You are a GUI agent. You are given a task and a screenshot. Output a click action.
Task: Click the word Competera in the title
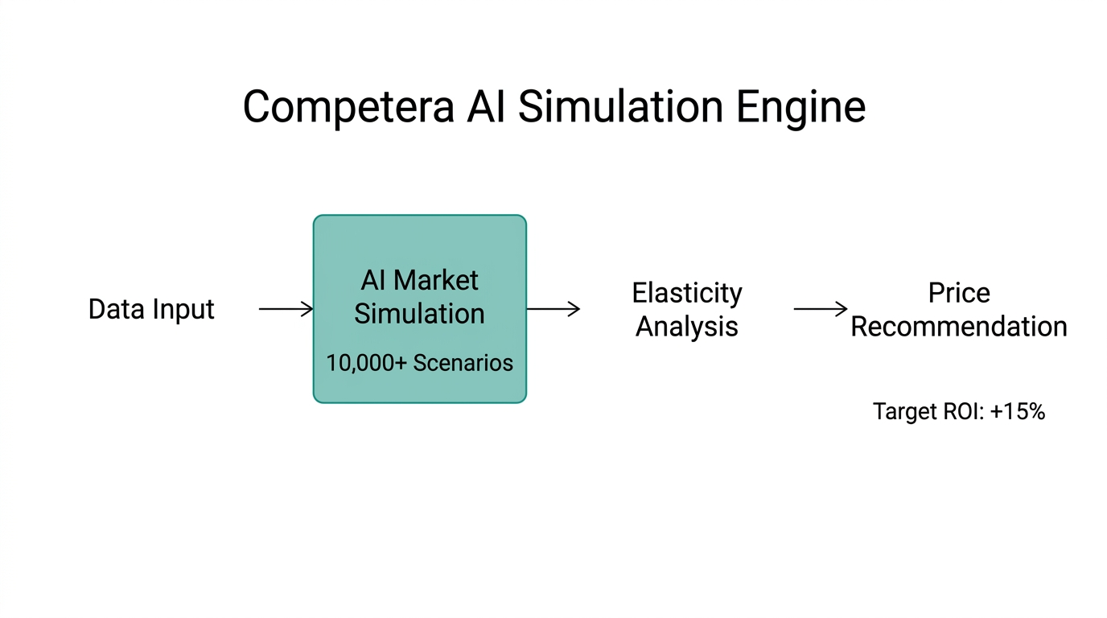pyautogui.click(x=348, y=107)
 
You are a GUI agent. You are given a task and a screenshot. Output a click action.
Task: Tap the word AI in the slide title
pyautogui.click(x=486, y=107)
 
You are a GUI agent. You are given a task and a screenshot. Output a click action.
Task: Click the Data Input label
pyautogui.click(x=151, y=309)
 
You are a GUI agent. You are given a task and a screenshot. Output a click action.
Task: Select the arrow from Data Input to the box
pyautogui.click(x=286, y=309)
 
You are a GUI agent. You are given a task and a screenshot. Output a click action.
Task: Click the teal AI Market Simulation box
pyautogui.click(x=419, y=241)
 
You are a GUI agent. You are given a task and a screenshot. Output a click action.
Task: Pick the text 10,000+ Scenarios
pyautogui.click(x=419, y=363)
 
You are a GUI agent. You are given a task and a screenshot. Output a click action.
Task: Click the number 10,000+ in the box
pyautogui.click(x=366, y=363)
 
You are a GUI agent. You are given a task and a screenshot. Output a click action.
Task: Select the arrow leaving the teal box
pyautogui.click(x=553, y=309)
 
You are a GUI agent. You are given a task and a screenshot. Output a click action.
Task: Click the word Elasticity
pyautogui.click(x=686, y=293)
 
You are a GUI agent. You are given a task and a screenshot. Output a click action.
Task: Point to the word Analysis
pyautogui.click(x=686, y=327)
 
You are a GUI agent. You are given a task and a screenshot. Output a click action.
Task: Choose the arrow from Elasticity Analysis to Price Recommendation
pyautogui.click(x=821, y=309)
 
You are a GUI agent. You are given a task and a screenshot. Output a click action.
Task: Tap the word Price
pyautogui.click(x=959, y=293)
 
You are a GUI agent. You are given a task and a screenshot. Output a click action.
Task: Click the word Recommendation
pyautogui.click(x=959, y=327)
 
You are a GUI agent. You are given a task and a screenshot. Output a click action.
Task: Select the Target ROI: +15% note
pyautogui.click(x=959, y=412)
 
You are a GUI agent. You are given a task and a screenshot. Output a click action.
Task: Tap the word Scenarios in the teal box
pyautogui.click(x=463, y=363)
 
